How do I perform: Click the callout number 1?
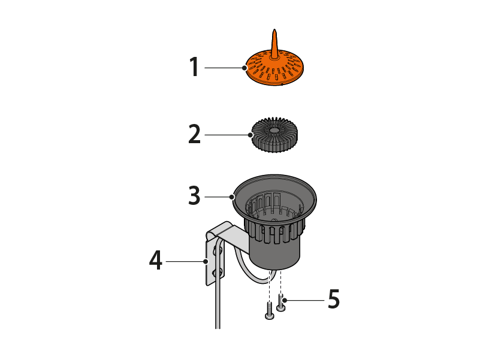(x=194, y=66)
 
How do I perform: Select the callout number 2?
(x=194, y=134)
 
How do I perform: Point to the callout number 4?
(x=156, y=260)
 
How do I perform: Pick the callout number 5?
(x=334, y=299)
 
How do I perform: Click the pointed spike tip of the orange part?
(x=274, y=30)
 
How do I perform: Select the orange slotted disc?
(x=274, y=66)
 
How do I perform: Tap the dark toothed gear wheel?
(x=274, y=134)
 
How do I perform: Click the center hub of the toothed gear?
(x=273, y=130)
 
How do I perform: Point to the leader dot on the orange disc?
(x=244, y=68)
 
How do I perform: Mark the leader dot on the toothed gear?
(x=250, y=135)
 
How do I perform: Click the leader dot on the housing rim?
(x=233, y=196)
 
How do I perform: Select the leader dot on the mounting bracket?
(x=206, y=261)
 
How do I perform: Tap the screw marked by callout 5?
(x=281, y=302)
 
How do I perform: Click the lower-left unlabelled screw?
(x=270, y=311)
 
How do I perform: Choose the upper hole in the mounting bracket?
(x=218, y=251)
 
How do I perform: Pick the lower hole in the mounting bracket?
(x=218, y=272)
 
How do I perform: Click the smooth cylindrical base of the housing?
(x=274, y=254)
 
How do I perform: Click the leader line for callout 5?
(x=304, y=300)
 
